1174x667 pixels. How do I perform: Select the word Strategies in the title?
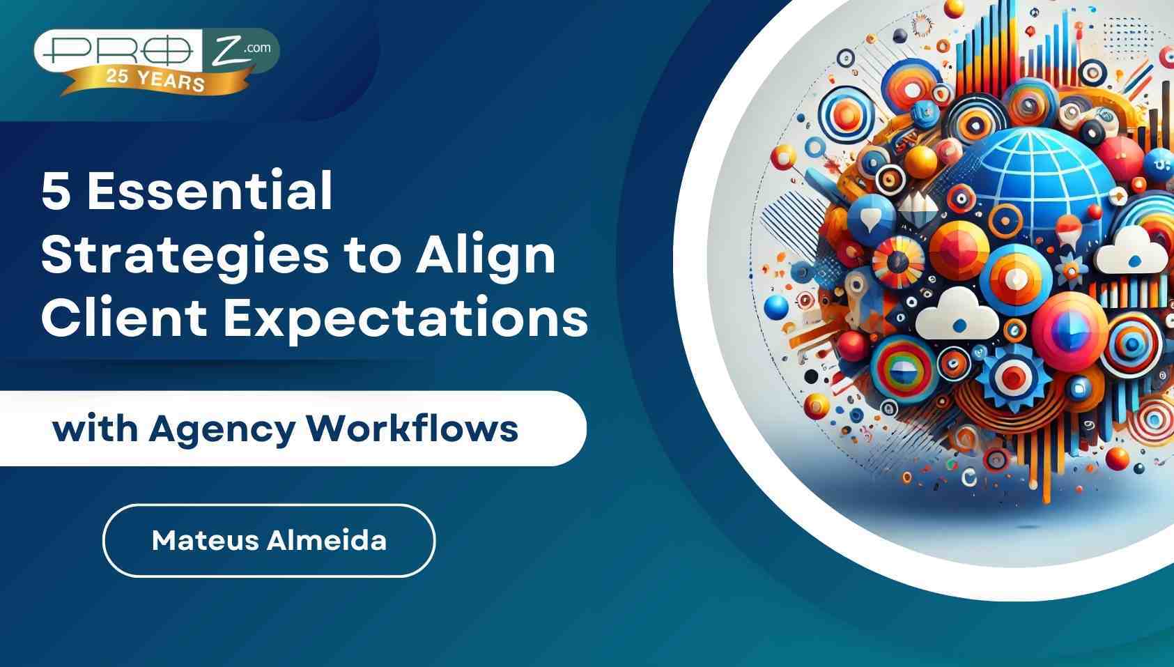(x=184, y=256)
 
